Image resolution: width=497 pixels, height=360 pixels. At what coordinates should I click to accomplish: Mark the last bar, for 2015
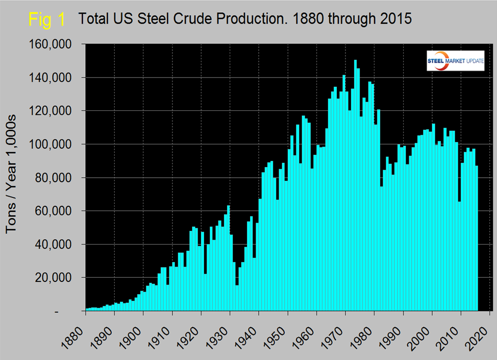477,238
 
